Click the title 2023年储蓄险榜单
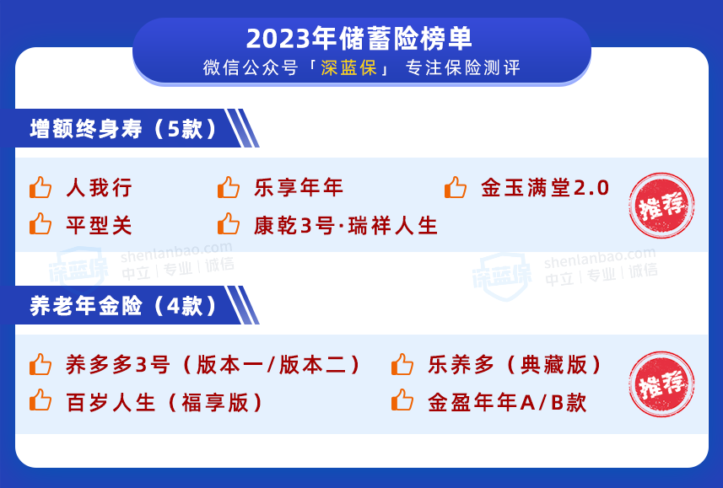pos(359,38)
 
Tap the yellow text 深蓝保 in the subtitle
pos(349,67)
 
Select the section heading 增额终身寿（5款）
pos(123,129)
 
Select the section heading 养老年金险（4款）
pos(123,305)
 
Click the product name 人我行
pos(100,188)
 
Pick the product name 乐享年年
pos(299,188)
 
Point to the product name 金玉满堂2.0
pos(545,188)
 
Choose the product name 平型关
pos(100,225)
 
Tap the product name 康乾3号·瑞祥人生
pos(346,225)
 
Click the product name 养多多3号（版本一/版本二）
pos(213,364)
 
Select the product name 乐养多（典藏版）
pos(515,364)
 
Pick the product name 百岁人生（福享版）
pos(165,402)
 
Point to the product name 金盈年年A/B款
pos(507,402)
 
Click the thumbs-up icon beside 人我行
pos(40,187)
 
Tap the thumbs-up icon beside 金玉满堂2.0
pos(456,187)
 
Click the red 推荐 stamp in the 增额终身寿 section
pos(661,206)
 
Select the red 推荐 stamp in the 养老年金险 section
pos(661,384)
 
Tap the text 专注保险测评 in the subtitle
pos(463,67)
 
